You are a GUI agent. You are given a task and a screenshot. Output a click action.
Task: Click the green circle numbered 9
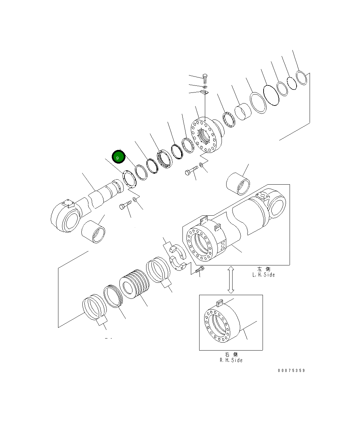point(118,157)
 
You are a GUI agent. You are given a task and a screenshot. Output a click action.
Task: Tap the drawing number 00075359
point(291,371)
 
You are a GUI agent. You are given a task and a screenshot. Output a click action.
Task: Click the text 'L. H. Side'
point(264,275)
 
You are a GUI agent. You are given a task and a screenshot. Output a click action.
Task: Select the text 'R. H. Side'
point(231,360)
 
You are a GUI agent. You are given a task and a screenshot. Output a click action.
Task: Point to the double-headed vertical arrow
point(231,280)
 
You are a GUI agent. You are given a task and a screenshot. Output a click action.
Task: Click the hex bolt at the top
point(205,79)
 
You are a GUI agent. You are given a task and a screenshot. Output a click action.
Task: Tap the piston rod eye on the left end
point(65,216)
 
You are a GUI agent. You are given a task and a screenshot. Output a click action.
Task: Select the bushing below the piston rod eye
point(93,231)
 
